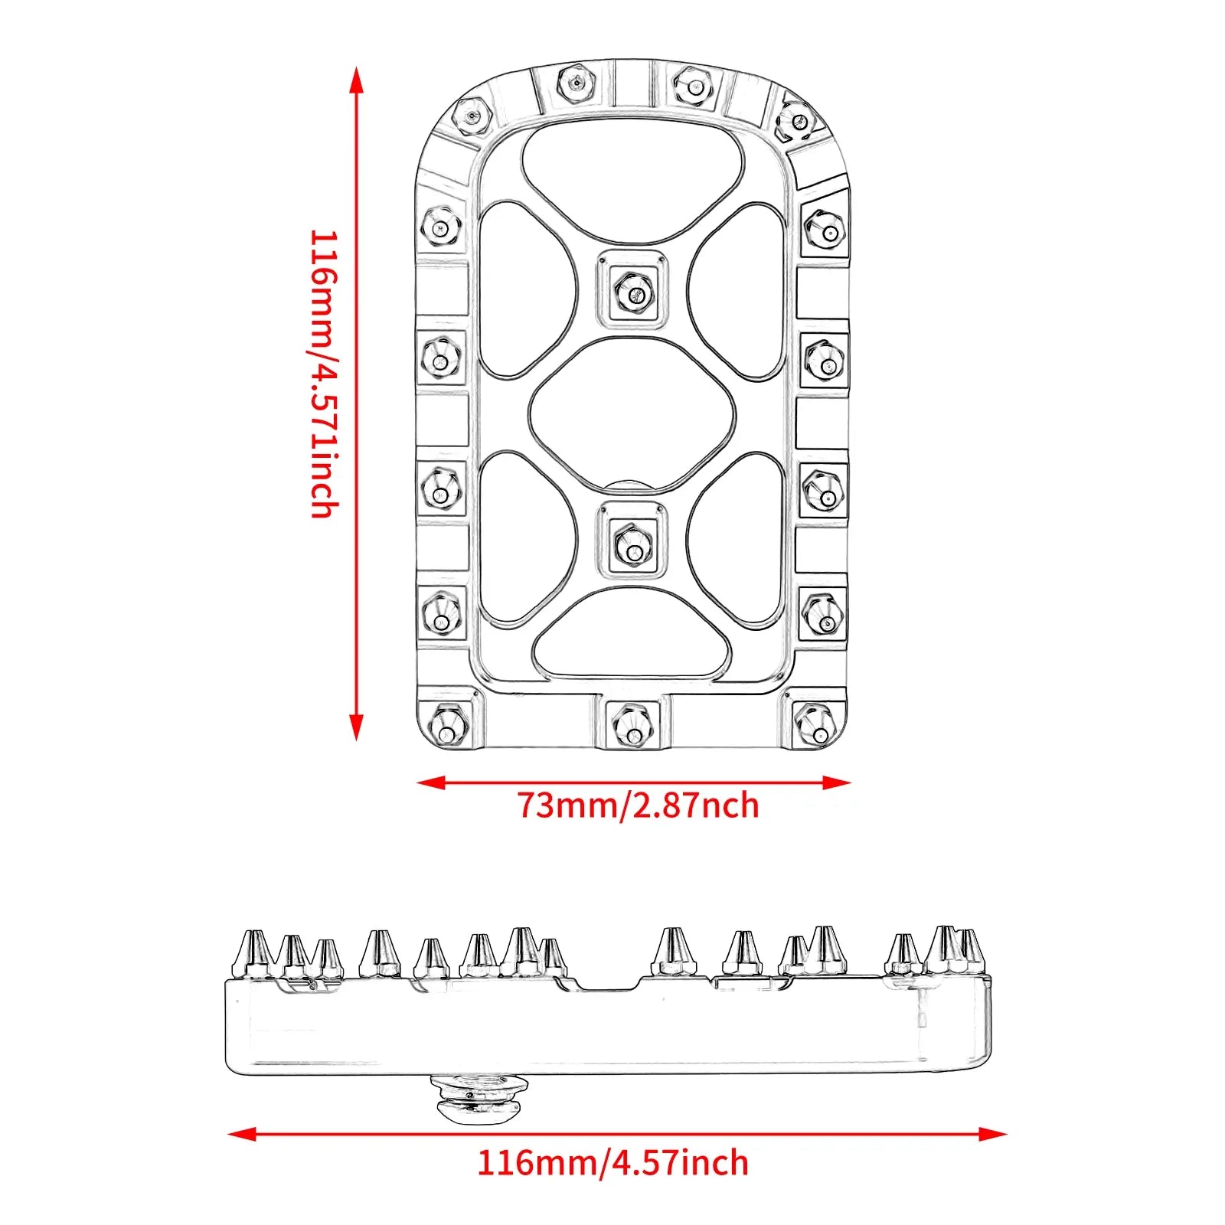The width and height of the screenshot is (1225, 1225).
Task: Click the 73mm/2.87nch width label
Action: point(638,805)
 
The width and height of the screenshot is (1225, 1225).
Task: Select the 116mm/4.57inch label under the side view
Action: point(612,1162)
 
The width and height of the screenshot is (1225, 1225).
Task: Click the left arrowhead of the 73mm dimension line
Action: point(429,782)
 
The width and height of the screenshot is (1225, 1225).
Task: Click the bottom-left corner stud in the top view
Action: point(445,724)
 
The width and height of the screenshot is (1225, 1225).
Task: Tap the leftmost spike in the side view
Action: point(252,953)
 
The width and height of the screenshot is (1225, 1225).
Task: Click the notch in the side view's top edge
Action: point(609,983)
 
